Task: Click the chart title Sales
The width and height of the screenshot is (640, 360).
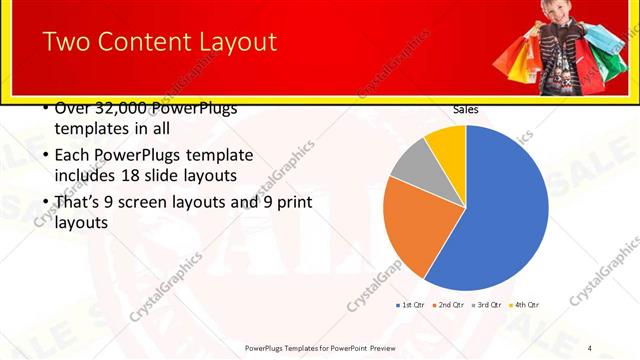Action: pyautogui.click(x=465, y=109)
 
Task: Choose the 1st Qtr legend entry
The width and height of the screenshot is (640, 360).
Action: pyautogui.click(x=412, y=304)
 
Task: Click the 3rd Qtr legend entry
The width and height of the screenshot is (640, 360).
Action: pyautogui.click(x=487, y=304)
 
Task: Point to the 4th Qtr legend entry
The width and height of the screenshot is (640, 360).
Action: pyautogui.click(x=524, y=304)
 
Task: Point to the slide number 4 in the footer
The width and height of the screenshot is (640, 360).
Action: pyautogui.click(x=590, y=348)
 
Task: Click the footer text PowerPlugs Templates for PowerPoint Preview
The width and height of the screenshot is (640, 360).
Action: pyautogui.click(x=320, y=348)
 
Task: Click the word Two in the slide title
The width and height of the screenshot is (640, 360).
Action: pyautogui.click(x=65, y=42)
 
